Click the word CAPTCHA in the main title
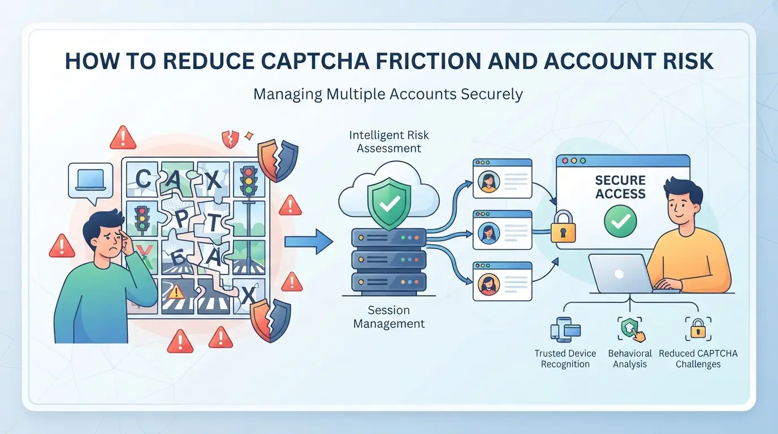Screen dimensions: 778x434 tap(315, 61)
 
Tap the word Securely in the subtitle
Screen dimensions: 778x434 tap(492, 94)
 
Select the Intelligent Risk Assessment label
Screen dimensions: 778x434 tap(389, 142)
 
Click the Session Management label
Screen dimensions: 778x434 tap(389, 316)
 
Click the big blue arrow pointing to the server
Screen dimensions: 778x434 tap(309, 242)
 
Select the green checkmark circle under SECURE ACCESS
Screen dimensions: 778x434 tap(620, 221)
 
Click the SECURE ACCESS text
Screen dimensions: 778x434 tap(620, 187)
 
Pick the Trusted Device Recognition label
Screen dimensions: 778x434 tap(565, 359)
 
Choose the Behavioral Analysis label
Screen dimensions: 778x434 tap(630, 359)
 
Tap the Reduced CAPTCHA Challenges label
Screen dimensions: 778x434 tap(698, 359)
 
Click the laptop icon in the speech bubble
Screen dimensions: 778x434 tap(90, 180)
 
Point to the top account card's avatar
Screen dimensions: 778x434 tap(489, 182)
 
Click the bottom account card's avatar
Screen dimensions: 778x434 tap(489, 285)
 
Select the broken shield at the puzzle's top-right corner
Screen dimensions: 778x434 tap(278, 160)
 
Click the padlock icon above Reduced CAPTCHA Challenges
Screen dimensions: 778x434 tap(698, 329)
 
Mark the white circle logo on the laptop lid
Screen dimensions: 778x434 tap(619, 274)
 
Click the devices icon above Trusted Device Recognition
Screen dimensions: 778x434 tap(565, 329)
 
